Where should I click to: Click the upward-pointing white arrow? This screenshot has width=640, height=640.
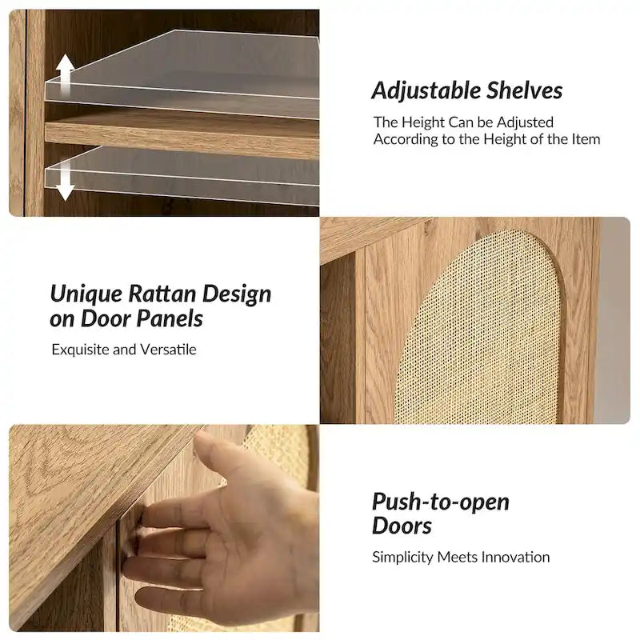pos(65,74)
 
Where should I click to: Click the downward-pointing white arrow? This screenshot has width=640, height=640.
pos(65,182)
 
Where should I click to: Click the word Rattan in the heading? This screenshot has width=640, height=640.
pos(162,294)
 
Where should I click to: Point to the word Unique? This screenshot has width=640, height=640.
pos(86,294)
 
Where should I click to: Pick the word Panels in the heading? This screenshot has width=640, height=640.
pos(169,318)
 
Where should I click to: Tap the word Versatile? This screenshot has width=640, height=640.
pos(168,350)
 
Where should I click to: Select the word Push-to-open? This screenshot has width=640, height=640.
pos(441,502)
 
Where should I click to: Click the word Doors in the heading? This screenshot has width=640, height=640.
pos(402,526)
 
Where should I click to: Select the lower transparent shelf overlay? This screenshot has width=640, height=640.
pos(182,175)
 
